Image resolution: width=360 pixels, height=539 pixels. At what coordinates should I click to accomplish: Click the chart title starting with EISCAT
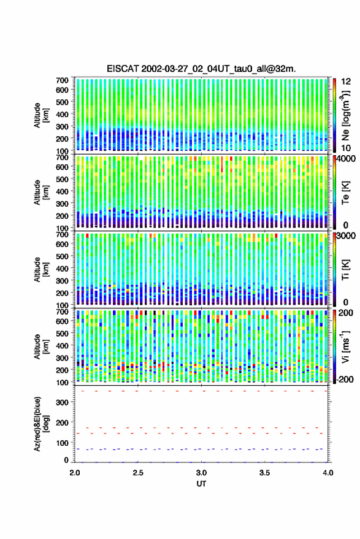pos(201,69)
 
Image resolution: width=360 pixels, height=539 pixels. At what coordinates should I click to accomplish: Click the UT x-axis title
pos(201,484)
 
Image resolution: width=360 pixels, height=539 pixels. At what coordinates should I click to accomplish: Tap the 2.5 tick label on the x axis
pos(138,473)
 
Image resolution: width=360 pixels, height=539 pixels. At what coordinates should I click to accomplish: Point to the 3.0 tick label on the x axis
pos(201,473)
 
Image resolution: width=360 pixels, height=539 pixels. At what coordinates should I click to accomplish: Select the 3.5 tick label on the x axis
pos(264,473)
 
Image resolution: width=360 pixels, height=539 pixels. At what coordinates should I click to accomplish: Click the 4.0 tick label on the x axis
pos(327,473)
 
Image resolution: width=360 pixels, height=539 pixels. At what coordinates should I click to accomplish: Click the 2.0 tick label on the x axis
pos(75,473)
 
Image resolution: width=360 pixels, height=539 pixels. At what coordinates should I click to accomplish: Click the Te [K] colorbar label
pos(345,193)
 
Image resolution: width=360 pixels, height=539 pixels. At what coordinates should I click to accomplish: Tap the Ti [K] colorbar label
pos(345,270)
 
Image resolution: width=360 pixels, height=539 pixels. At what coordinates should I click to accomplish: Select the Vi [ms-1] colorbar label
pos(346,346)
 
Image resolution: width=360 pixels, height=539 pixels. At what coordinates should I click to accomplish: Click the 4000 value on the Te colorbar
pos(346,159)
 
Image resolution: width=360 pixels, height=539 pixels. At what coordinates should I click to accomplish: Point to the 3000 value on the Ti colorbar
pos(346,236)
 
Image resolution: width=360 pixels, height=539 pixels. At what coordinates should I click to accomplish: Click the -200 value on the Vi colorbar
pos(345,379)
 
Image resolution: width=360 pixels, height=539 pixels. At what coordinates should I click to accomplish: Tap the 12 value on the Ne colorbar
pos(346,82)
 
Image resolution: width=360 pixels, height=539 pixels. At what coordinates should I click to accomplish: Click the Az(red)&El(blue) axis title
pos(40,424)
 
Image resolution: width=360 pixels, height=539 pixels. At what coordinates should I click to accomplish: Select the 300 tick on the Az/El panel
pos(62,402)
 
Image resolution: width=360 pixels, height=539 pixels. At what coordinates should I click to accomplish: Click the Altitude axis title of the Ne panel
pos(40,115)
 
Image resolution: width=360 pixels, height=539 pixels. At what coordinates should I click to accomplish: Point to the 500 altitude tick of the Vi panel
pos(62,334)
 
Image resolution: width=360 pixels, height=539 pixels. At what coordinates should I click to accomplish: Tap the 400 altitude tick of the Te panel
pos(62,191)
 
